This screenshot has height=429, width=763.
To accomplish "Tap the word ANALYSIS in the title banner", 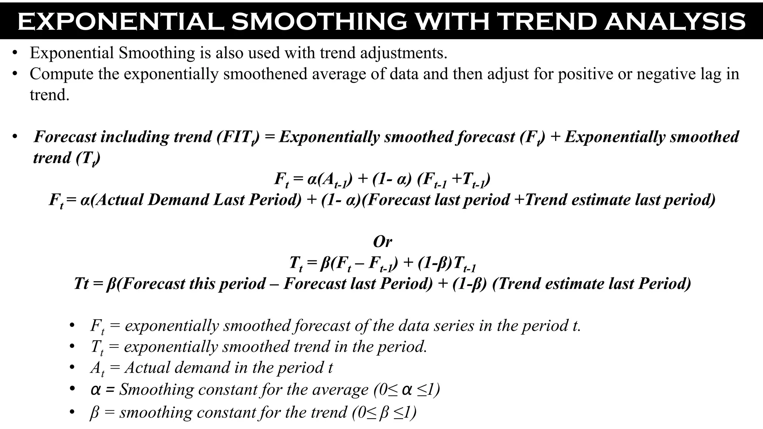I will [675, 22].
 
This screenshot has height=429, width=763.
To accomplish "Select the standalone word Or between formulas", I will [382, 242].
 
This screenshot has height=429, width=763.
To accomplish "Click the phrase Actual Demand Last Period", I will [196, 200].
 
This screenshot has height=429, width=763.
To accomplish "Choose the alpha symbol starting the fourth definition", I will [95, 390].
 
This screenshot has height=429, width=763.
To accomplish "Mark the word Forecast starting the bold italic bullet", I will [65, 137].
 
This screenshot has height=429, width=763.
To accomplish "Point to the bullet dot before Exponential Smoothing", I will [15, 53].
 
